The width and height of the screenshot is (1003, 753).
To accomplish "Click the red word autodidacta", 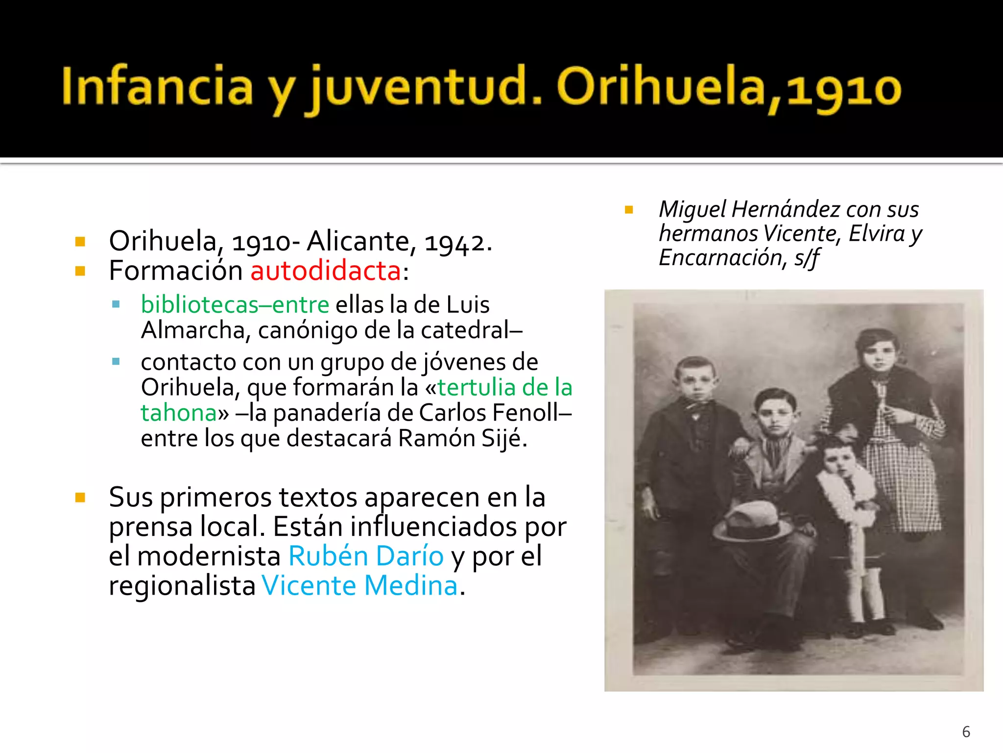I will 326,271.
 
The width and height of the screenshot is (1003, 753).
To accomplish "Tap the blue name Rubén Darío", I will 366,556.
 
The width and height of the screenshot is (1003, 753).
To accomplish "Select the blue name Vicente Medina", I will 360,586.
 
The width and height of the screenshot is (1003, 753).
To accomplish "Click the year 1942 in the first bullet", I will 455,242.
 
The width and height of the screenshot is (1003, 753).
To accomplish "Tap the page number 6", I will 966,732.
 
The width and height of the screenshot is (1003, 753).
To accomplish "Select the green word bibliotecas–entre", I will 235,305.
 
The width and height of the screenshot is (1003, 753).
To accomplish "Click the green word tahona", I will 179,413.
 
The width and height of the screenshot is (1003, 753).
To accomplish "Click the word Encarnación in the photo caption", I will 719,258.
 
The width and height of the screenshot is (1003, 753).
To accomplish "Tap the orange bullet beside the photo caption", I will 629,210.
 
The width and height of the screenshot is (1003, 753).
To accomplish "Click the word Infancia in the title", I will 157,87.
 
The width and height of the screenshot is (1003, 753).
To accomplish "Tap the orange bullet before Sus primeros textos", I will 80,498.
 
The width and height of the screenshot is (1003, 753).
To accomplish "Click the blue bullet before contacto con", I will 116,362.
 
